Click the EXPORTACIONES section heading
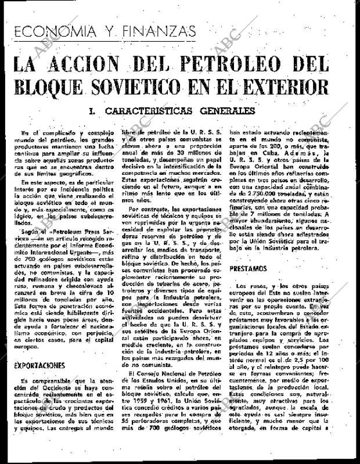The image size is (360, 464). click(x=39, y=368)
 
